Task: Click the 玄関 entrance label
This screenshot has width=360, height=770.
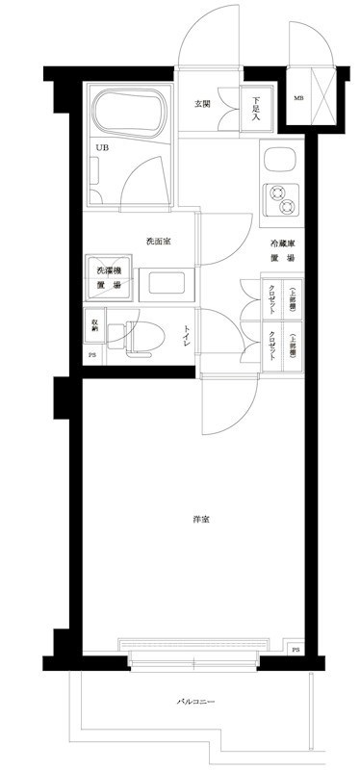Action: (201, 104)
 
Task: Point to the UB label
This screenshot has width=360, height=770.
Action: (101, 147)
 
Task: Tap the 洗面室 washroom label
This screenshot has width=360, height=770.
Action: (158, 241)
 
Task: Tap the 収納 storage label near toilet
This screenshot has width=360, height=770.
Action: (94, 324)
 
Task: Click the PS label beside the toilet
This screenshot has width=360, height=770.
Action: (92, 357)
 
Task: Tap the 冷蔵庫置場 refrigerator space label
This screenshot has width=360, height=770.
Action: (282, 251)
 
